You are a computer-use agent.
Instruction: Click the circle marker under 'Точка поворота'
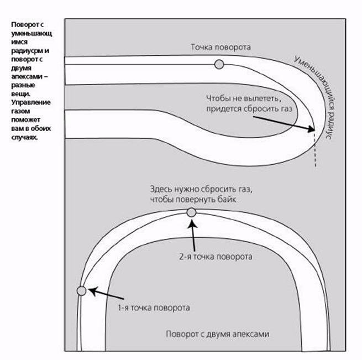click(x=219, y=64)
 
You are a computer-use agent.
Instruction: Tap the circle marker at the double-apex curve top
click(x=191, y=212)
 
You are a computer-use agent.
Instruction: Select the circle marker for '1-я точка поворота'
click(x=81, y=291)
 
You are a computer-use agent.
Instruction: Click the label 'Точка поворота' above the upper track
click(x=221, y=47)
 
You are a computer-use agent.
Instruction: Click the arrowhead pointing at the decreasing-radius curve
click(x=311, y=128)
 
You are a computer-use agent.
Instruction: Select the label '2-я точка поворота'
click(x=216, y=257)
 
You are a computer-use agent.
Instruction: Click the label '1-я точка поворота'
click(x=154, y=308)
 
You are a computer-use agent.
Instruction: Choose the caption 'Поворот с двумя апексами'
click(x=218, y=334)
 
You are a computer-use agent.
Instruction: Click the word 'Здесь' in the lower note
click(x=161, y=189)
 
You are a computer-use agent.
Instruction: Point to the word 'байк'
click(x=227, y=199)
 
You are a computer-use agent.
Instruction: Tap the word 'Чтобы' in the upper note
click(x=217, y=98)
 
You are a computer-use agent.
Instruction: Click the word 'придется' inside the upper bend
click(x=223, y=109)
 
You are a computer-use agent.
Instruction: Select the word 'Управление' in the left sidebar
click(x=31, y=102)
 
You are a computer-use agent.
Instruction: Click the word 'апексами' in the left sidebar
click(x=27, y=76)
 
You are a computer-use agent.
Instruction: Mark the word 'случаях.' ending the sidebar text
click(x=24, y=137)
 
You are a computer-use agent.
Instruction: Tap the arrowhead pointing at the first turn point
click(x=93, y=291)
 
